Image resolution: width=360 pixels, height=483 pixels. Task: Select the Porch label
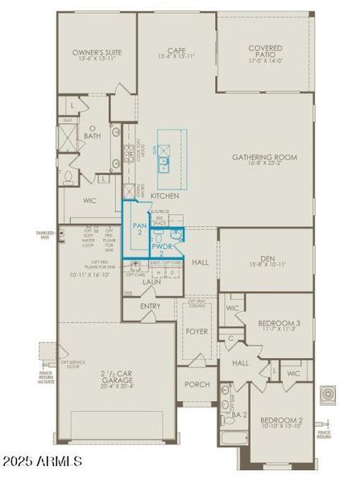coord(197,384)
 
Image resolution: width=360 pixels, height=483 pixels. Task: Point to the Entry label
coord(151,306)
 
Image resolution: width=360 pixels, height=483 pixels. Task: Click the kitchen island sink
coord(163,164)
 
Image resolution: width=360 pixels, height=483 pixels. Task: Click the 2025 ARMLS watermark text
coord(42,461)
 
